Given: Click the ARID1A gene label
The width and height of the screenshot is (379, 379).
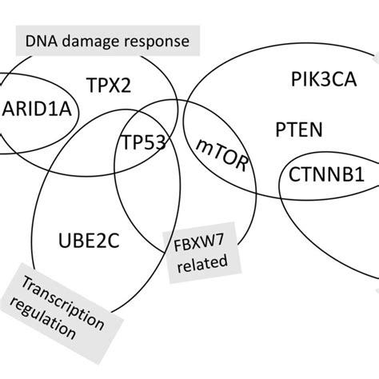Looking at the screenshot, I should [x=38, y=109].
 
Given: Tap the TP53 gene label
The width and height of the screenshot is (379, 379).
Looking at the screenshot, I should [x=145, y=142].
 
